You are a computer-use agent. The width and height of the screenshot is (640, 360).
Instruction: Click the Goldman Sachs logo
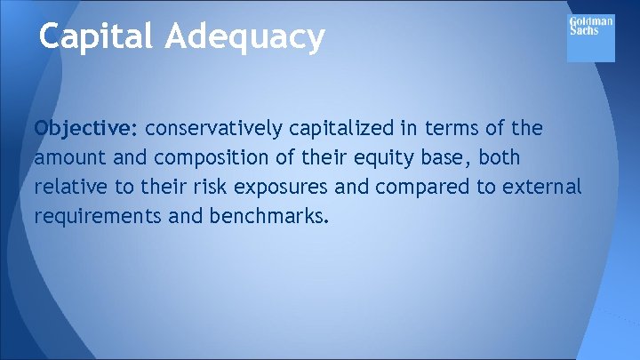click(x=590, y=38)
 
